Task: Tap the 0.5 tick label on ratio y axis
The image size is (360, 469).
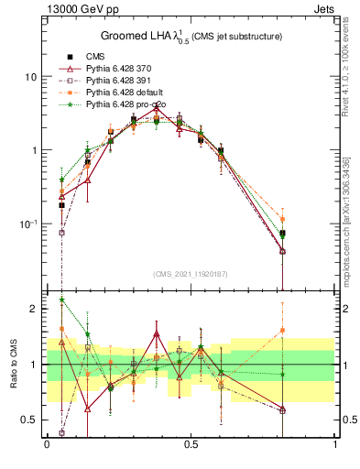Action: click(x=29, y=420)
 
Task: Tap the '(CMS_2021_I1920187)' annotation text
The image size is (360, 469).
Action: click(x=191, y=274)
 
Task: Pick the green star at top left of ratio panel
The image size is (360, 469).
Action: click(x=61, y=300)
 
